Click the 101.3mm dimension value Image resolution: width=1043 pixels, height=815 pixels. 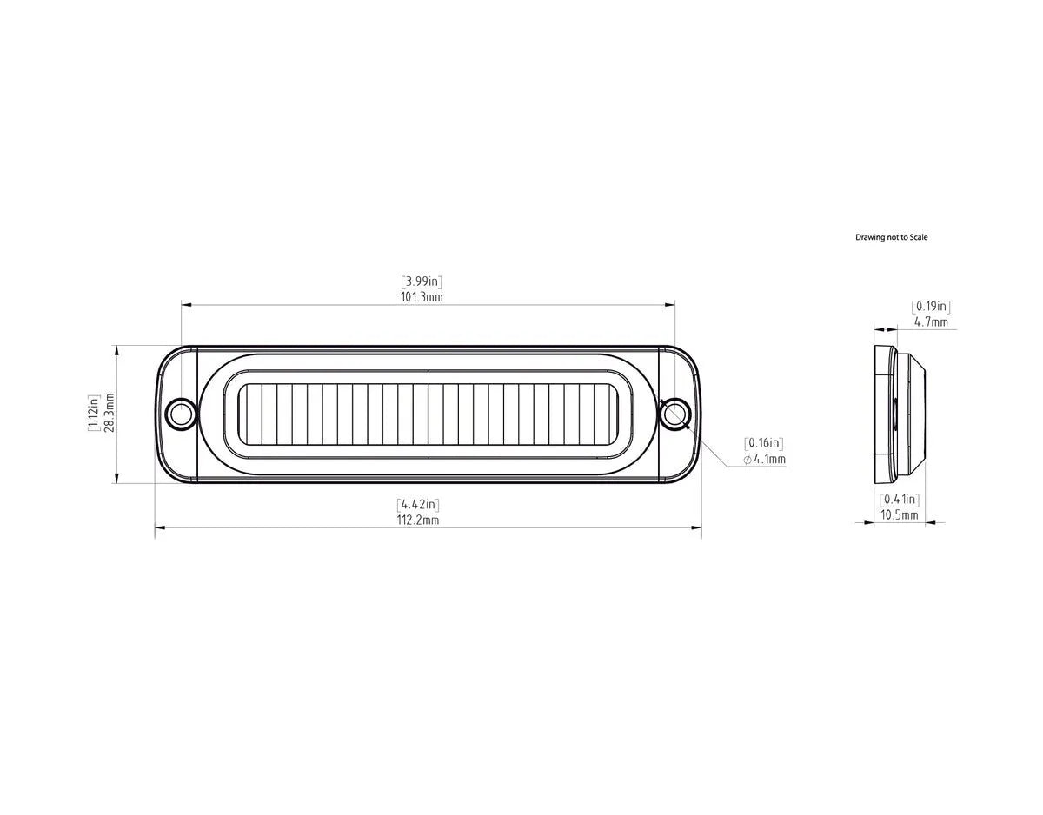(422, 296)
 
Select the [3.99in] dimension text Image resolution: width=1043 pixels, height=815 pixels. (422, 281)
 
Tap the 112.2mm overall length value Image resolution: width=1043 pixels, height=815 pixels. (418, 520)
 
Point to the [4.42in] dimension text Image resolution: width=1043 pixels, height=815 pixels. (418, 504)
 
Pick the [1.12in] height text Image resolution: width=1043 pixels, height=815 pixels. (93, 415)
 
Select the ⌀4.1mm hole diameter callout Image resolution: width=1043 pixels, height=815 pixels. (765, 459)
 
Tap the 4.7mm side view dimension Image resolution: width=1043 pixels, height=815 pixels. (930, 321)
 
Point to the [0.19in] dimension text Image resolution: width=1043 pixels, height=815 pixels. (930, 306)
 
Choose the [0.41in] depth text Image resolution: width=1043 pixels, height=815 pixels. (899, 499)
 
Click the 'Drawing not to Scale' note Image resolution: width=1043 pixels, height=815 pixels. (891, 237)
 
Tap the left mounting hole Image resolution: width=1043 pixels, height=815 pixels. (181, 414)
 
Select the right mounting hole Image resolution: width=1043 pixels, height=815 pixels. (674, 414)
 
